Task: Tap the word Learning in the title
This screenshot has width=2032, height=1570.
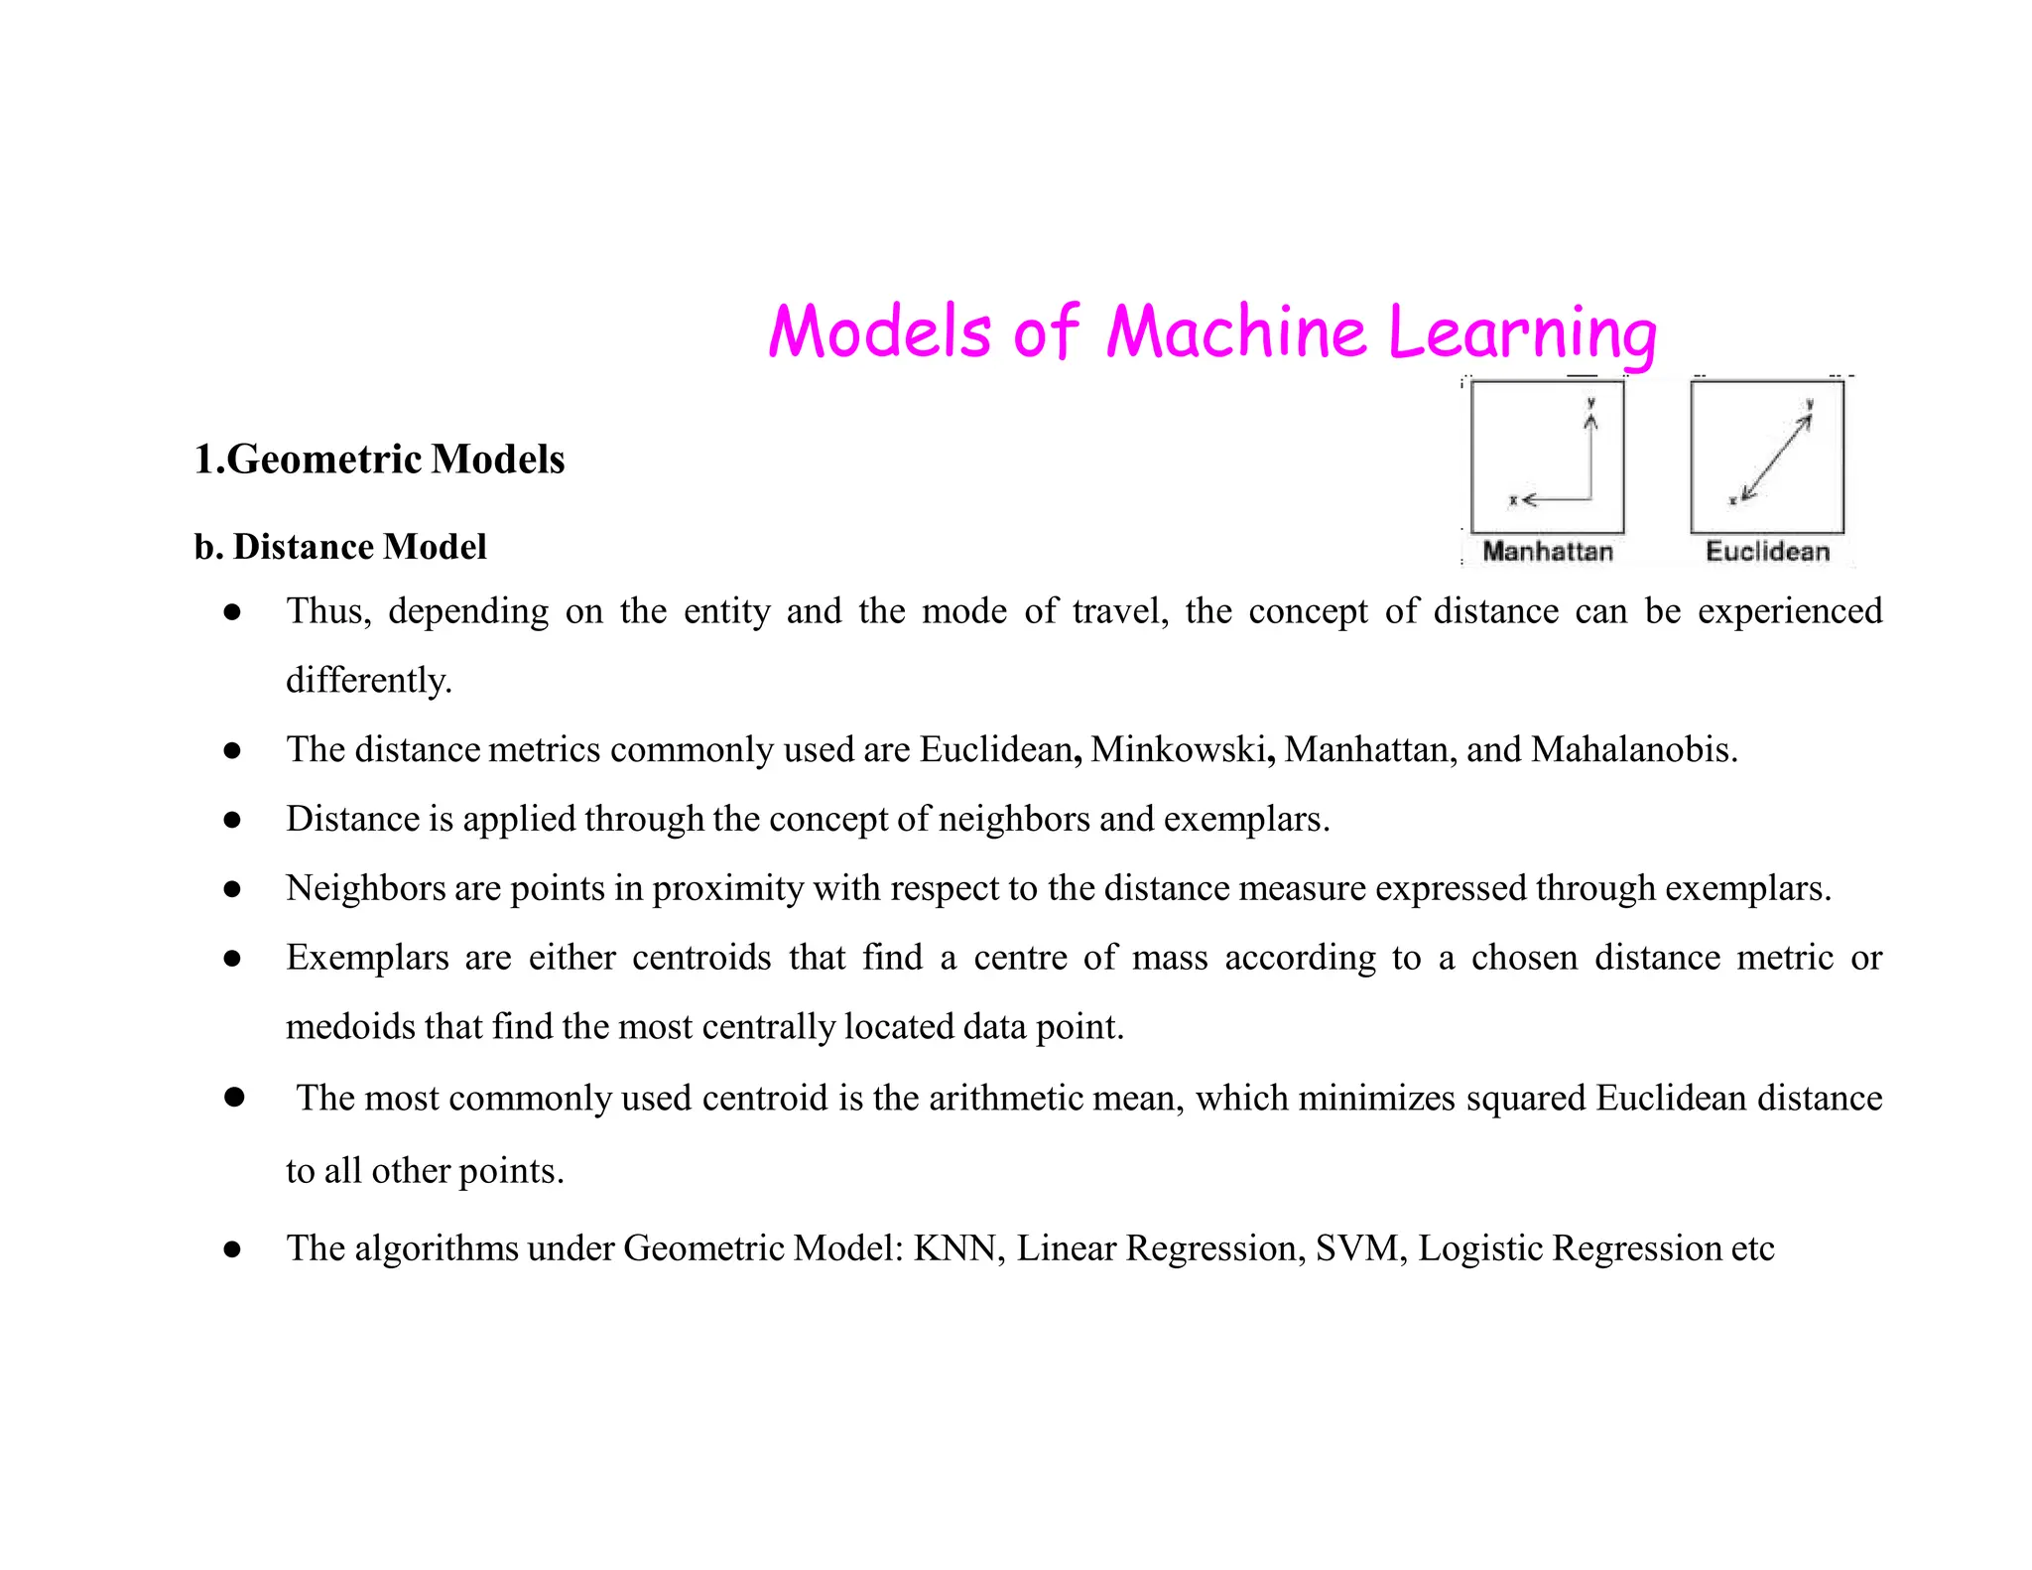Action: point(1522,333)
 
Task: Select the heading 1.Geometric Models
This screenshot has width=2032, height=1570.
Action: point(379,459)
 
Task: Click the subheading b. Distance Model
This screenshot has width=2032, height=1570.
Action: point(340,547)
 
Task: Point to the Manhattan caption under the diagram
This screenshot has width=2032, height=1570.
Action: point(1547,552)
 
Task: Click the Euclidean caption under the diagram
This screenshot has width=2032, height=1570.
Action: point(1767,552)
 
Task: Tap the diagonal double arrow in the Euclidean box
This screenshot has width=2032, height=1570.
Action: point(1776,458)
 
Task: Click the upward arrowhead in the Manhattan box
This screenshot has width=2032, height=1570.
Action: point(1591,422)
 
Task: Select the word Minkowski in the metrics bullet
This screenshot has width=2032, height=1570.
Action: point(1178,749)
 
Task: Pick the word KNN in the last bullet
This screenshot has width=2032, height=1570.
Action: point(954,1248)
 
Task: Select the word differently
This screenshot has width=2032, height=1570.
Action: point(368,681)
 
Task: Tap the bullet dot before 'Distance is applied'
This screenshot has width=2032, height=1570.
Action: point(232,820)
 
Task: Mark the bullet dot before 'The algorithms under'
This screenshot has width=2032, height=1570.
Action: point(232,1249)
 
